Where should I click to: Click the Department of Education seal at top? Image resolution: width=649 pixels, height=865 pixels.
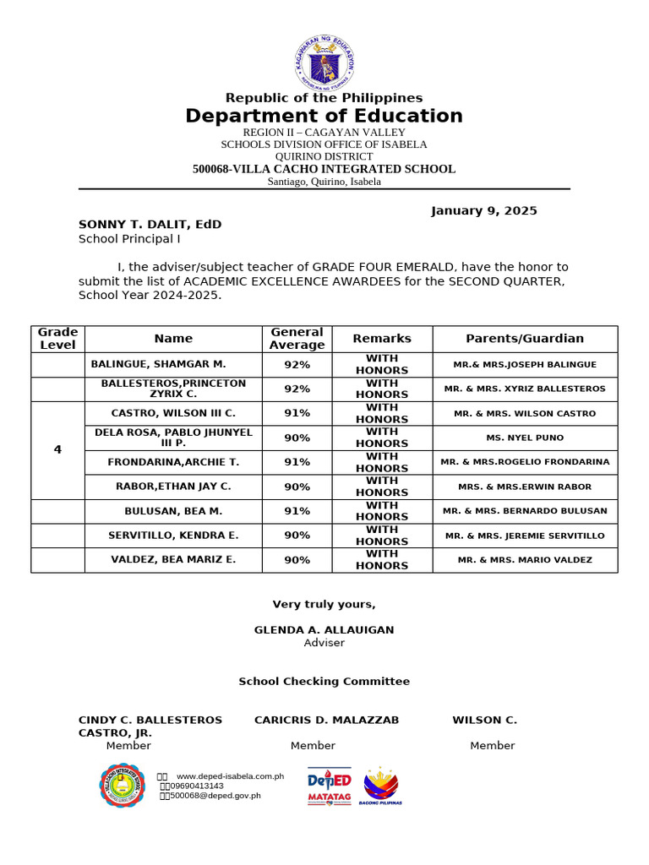pyautogui.click(x=324, y=61)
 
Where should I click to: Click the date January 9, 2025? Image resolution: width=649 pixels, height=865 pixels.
pyautogui.click(x=483, y=211)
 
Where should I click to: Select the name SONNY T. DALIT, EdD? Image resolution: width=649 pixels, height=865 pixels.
pyautogui.click(x=150, y=225)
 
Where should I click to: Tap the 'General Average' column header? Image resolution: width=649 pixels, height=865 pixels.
pyautogui.click(x=297, y=339)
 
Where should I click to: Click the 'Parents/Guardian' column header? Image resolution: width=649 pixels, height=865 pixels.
pyautogui.click(x=525, y=339)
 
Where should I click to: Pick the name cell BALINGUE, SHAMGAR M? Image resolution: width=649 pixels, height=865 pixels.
pyautogui.click(x=158, y=364)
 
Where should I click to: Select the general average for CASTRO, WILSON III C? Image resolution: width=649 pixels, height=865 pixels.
pyautogui.click(x=297, y=413)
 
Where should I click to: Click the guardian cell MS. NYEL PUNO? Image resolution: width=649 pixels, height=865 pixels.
pyautogui.click(x=525, y=438)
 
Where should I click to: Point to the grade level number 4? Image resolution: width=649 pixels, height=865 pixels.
pyautogui.click(x=57, y=449)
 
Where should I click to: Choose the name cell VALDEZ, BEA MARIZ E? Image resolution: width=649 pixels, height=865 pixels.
pyautogui.click(x=173, y=560)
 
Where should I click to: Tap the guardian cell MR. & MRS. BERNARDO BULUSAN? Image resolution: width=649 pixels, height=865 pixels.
pyautogui.click(x=525, y=511)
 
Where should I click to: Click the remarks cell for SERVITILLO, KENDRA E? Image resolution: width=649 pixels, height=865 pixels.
pyautogui.click(x=382, y=536)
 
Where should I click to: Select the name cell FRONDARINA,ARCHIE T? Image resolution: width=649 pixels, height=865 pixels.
pyautogui.click(x=173, y=462)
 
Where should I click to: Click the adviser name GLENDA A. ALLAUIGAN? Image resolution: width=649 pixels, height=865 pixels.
pyautogui.click(x=324, y=630)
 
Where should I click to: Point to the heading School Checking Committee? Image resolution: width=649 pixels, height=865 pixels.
pyautogui.click(x=324, y=682)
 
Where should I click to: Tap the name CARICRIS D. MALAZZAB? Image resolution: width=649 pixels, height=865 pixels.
pyautogui.click(x=326, y=721)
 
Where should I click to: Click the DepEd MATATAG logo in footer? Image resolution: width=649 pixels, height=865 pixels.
pyautogui.click(x=329, y=787)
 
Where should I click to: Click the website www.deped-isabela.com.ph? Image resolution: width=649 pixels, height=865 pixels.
pyautogui.click(x=229, y=776)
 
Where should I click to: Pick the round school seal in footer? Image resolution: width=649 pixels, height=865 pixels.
pyautogui.click(x=122, y=786)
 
